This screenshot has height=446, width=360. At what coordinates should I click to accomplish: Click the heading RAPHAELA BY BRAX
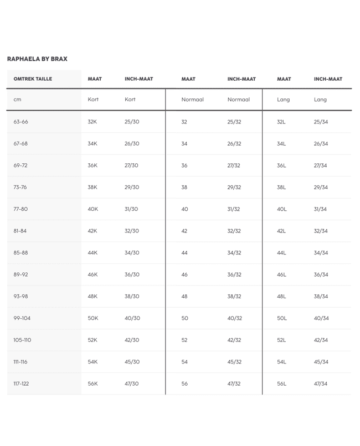tap(37, 59)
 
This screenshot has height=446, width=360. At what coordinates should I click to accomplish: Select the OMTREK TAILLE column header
tap(33, 79)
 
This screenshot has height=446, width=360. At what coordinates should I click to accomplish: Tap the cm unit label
tap(17, 100)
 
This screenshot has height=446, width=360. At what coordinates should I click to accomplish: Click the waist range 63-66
tap(20, 122)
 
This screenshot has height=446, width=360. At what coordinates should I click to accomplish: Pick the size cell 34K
tap(92, 144)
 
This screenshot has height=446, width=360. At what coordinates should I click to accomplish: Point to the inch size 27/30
tap(132, 165)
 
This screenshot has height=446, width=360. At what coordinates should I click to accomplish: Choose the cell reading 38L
tap(281, 188)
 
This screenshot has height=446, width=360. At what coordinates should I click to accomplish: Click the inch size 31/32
tap(234, 209)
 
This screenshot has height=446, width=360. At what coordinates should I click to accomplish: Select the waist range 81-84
tap(20, 231)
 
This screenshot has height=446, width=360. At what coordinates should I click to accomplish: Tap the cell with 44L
tap(281, 253)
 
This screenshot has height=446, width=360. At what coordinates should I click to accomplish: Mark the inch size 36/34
tap(321, 274)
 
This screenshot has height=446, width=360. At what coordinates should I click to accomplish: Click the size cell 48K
tap(92, 297)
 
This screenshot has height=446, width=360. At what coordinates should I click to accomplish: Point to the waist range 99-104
tap(22, 318)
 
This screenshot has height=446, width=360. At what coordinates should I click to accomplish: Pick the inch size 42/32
tap(234, 340)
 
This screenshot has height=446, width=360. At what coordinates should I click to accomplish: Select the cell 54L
tap(281, 362)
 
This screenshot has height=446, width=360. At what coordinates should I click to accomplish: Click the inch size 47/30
tap(132, 383)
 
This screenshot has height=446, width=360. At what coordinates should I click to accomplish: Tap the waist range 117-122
tap(22, 383)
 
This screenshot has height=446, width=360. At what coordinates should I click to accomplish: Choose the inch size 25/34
tap(321, 122)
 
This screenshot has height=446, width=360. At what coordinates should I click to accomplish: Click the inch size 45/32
tap(234, 362)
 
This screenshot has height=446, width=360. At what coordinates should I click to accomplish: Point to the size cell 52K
tap(92, 340)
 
